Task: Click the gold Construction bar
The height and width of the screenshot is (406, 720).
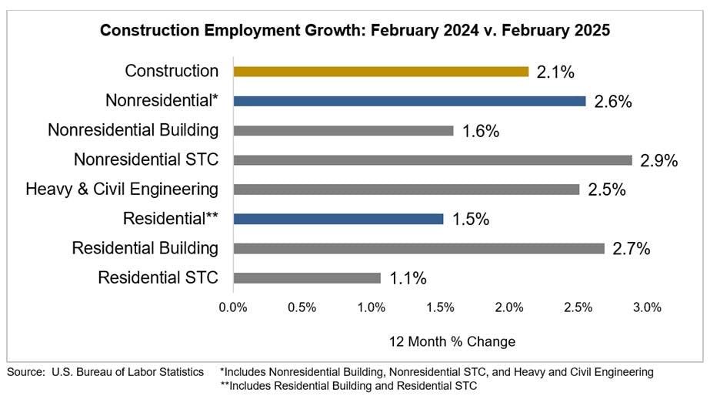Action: pyautogui.click(x=381, y=72)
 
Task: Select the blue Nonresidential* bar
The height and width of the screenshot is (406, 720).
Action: pyautogui.click(x=409, y=101)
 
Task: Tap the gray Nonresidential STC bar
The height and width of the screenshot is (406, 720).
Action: pyautogui.click(x=432, y=160)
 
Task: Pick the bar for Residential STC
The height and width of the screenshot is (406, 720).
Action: pyautogui.click(x=307, y=278)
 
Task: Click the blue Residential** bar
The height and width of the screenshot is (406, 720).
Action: pyautogui.click(x=338, y=219)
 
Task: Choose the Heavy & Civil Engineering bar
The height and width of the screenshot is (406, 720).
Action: pyautogui.click(x=406, y=190)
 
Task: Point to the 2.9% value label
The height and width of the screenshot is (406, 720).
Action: pyautogui.click(x=658, y=161)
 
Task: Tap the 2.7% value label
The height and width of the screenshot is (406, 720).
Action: pyautogui.click(x=632, y=249)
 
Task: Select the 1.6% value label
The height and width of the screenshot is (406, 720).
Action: pyautogui.click(x=481, y=131)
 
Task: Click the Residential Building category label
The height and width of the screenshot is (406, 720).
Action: pyautogui.click(x=145, y=248)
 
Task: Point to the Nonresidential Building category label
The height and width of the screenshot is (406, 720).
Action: pyautogui.click(x=133, y=130)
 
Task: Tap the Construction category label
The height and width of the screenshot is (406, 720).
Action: pyautogui.click(x=172, y=71)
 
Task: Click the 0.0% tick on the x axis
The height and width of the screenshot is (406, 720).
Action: pyautogui.click(x=233, y=307)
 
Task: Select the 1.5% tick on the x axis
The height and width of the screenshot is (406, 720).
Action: pyautogui.click(x=440, y=307)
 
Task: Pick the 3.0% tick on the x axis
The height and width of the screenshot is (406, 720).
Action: pyautogui.click(x=647, y=307)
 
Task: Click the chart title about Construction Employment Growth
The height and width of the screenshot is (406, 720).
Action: pyautogui.click(x=359, y=31)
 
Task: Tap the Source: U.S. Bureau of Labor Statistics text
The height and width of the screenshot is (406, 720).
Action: pyautogui.click(x=105, y=372)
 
